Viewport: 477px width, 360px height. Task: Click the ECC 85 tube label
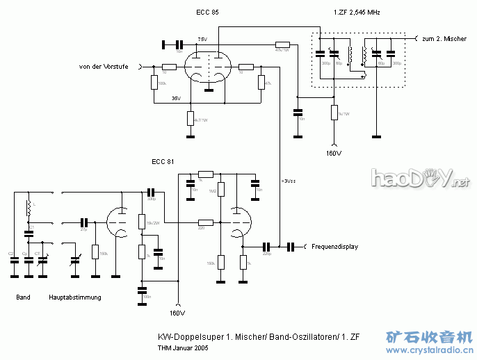click(208, 13)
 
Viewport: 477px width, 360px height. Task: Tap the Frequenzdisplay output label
click(334, 247)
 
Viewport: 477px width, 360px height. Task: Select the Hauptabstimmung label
click(75, 297)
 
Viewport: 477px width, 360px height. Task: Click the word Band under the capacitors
click(23, 297)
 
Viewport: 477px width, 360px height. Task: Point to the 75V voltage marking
click(202, 40)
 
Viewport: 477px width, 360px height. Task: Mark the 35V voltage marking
click(176, 99)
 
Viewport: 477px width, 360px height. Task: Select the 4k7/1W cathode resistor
click(190, 118)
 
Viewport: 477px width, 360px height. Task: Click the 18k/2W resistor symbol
click(141, 221)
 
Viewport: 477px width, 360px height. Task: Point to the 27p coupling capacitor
click(84, 222)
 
